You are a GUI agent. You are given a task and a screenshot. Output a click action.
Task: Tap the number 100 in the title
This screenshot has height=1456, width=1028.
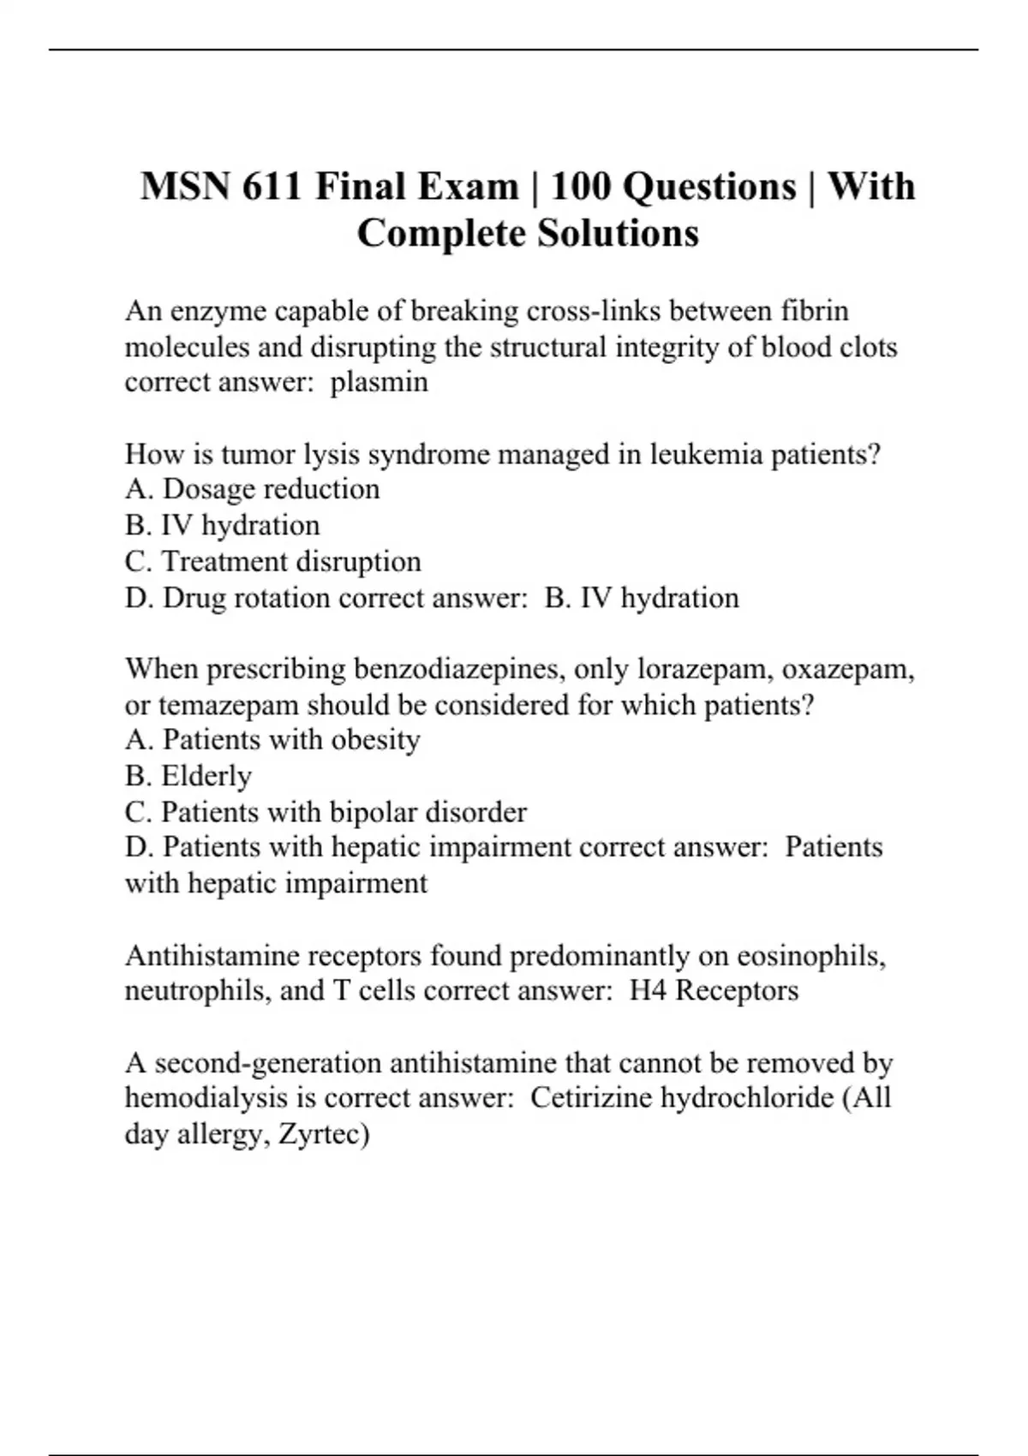(581, 187)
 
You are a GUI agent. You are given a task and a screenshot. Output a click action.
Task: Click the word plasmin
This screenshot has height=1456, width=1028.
(379, 382)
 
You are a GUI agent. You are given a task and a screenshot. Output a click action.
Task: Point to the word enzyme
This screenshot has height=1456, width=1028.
(219, 311)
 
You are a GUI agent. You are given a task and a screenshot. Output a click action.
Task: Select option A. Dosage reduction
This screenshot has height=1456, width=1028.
(252, 489)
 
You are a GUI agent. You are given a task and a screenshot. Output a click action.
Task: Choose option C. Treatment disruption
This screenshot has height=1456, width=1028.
(272, 562)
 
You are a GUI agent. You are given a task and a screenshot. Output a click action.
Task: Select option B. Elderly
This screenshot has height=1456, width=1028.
(188, 776)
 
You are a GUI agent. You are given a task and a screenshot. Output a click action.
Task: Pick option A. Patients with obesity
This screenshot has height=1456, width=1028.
(272, 740)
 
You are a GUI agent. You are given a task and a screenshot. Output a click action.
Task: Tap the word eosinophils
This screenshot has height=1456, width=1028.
(811, 955)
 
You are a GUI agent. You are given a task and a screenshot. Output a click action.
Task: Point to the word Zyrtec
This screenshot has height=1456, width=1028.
(323, 1135)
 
